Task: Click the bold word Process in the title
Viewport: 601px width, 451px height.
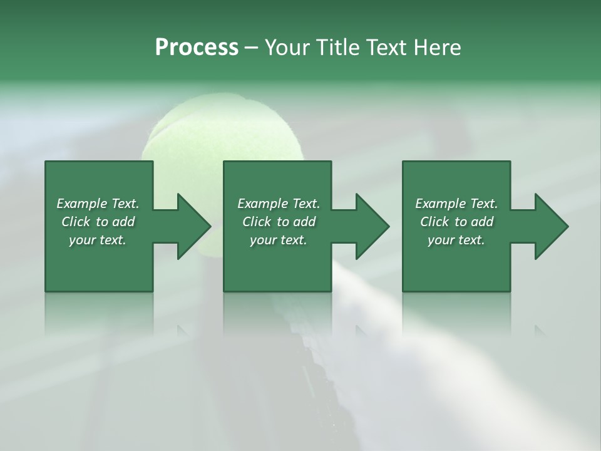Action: click(197, 48)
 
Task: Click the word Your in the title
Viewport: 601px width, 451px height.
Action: click(289, 48)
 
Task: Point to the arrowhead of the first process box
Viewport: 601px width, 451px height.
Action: click(191, 226)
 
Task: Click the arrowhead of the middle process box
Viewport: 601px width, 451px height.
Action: click(369, 226)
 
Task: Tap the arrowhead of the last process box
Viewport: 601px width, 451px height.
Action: click(548, 226)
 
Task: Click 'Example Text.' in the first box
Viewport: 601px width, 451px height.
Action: click(98, 204)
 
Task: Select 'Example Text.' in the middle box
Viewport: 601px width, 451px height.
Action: click(279, 204)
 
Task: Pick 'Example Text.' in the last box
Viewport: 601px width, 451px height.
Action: click(456, 204)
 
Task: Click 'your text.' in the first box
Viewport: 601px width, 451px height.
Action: click(98, 240)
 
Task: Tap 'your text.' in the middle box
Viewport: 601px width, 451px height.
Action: click(279, 240)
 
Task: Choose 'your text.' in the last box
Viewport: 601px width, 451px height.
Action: click(456, 240)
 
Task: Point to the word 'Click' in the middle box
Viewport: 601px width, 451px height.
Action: click(257, 222)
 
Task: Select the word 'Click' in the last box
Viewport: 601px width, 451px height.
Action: click(434, 222)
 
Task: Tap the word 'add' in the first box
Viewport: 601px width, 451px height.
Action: click(123, 222)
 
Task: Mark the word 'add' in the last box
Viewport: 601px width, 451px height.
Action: click(482, 222)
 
